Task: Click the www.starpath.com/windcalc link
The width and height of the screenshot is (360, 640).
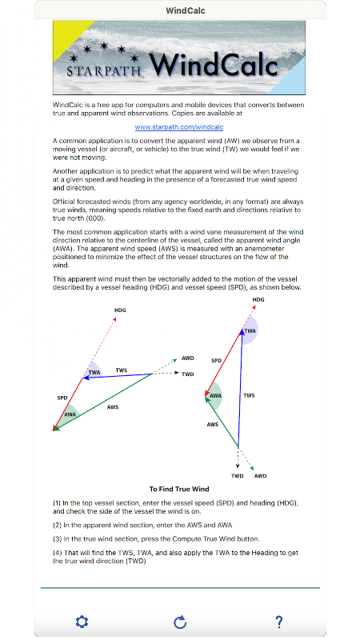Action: (179, 127)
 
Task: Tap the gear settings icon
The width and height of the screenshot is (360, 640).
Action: (82, 622)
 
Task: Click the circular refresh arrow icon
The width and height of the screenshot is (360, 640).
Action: (180, 622)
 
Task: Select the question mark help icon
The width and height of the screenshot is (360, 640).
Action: (278, 622)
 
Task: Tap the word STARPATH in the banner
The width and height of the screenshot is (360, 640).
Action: (103, 70)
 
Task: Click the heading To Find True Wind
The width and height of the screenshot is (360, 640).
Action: (179, 489)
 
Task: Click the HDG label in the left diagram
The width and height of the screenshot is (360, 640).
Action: (120, 310)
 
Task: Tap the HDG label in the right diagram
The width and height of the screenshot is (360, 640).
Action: (258, 299)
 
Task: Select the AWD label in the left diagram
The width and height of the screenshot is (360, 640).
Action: (188, 358)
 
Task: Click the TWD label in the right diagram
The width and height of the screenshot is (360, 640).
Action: (237, 476)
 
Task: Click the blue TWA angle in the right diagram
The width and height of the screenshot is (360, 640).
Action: (250, 330)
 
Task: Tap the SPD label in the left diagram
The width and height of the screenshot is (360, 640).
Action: (62, 398)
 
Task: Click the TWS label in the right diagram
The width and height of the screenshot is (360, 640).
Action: (249, 395)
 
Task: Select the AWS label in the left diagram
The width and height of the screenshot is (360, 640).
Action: (113, 407)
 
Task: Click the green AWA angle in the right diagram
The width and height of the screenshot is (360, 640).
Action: (214, 396)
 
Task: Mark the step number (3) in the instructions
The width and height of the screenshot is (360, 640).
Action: (57, 539)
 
